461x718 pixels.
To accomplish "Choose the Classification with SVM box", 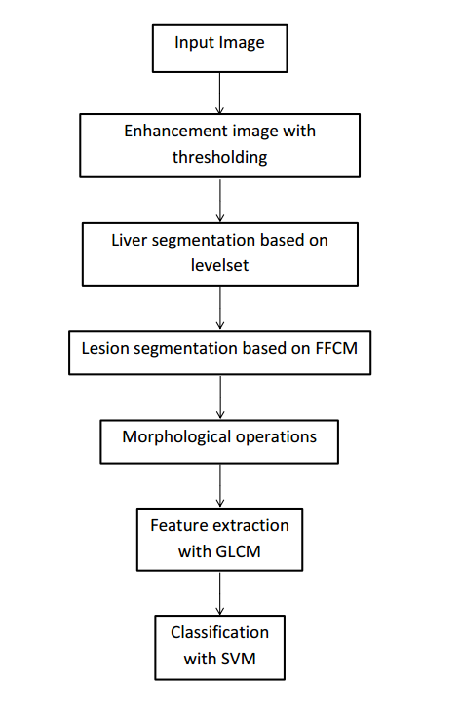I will [x=219, y=647].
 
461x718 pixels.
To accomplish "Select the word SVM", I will [x=238, y=659].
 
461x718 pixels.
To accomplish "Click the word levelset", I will [x=219, y=264].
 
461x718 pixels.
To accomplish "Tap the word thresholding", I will [x=219, y=156].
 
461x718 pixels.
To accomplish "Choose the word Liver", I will [x=131, y=241].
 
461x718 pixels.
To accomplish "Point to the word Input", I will [x=194, y=43].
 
